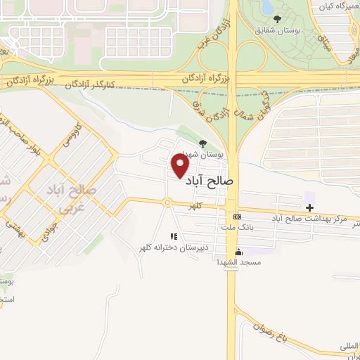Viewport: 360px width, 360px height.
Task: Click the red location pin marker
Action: (181, 166)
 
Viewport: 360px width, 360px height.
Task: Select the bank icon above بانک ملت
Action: (237, 217)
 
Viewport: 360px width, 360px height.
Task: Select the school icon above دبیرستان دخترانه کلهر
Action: (173, 237)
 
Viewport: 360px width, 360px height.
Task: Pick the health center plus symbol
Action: (309, 207)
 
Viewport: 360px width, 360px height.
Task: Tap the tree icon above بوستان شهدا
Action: (205, 142)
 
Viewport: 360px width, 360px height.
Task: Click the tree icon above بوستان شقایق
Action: (279, 20)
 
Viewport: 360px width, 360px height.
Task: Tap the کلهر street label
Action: (195, 205)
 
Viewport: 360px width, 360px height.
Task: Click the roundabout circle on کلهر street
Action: (167, 202)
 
